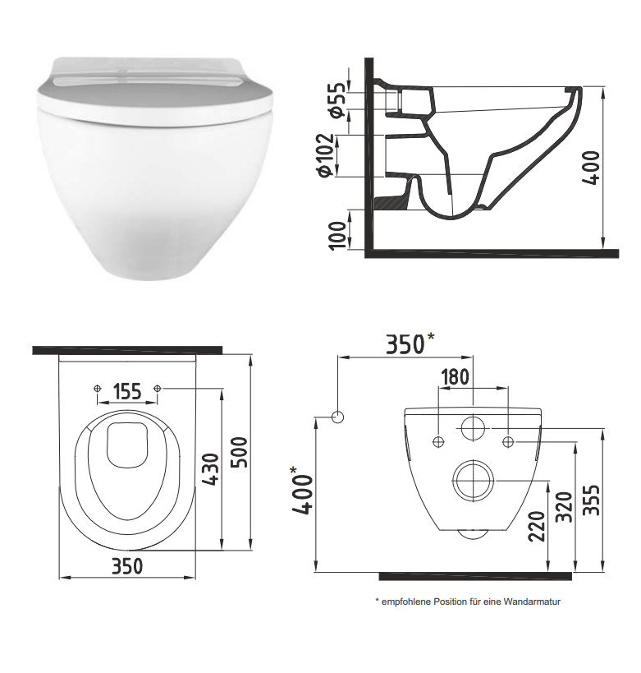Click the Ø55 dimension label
(x=338, y=99)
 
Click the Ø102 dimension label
(x=324, y=155)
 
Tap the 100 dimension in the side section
(x=337, y=235)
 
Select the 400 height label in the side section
(x=591, y=168)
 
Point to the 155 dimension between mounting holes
(x=127, y=391)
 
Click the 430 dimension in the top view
(x=211, y=469)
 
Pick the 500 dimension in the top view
(x=239, y=453)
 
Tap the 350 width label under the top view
(x=127, y=566)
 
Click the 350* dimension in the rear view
(x=410, y=343)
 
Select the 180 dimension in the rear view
(x=455, y=377)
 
